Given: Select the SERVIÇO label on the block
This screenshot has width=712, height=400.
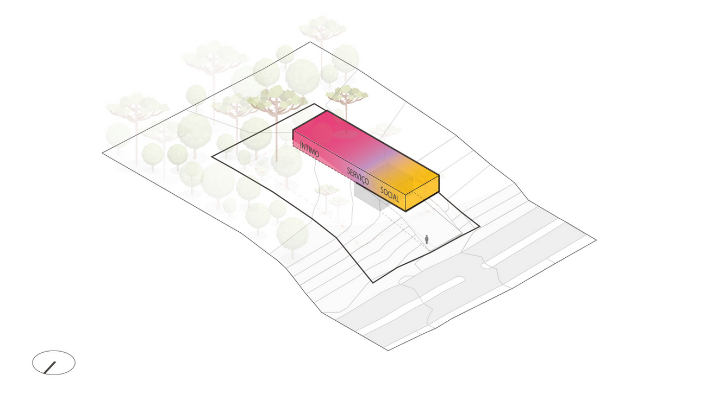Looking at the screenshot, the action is pos(358,176).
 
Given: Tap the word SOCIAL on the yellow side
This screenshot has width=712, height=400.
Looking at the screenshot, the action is pos(390,194).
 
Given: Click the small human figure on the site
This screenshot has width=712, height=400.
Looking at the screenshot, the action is pos(427,239).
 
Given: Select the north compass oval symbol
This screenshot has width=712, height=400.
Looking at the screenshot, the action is pos(54,363).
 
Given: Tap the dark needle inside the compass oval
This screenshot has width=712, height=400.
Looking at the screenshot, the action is pos(51,368).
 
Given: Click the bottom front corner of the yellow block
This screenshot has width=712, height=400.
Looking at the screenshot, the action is pos(405,211).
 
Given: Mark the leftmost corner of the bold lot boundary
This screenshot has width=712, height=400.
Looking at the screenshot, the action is pos(212,156).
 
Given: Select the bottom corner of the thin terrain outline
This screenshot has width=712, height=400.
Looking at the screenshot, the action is pos(388,350).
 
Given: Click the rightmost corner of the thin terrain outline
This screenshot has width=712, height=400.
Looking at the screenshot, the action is pos(596,239).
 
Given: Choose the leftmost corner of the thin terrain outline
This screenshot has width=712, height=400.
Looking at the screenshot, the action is pos(103,153).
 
